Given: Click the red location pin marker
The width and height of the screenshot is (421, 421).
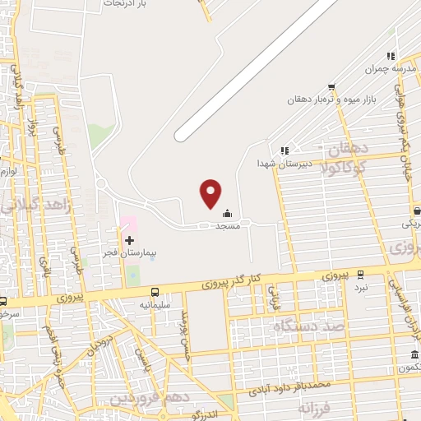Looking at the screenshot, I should [211, 193].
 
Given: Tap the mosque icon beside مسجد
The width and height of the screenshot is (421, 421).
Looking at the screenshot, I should [227, 215].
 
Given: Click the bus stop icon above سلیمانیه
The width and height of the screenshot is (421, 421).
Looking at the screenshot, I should [155, 293].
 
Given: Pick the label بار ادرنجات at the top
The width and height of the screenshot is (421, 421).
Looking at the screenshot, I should [123, 4].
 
